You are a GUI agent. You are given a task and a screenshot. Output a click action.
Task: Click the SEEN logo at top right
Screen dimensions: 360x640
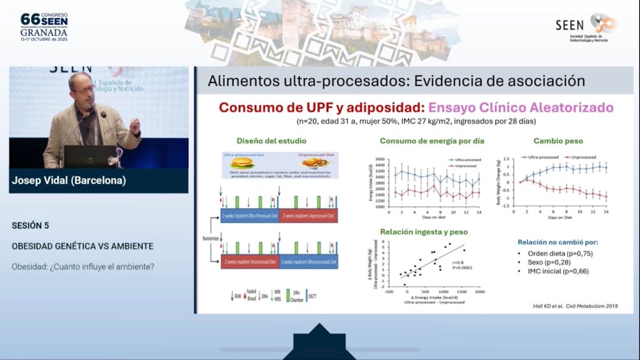click(x=586, y=28)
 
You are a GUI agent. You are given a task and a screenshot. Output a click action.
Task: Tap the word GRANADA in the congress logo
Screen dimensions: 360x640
click(x=44, y=33)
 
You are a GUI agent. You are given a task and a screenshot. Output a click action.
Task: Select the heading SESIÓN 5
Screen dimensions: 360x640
click(x=30, y=225)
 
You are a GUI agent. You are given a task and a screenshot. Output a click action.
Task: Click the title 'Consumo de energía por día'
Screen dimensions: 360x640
click(x=432, y=141)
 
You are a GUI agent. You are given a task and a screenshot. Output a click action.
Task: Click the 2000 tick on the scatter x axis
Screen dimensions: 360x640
click(x=479, y=292)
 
